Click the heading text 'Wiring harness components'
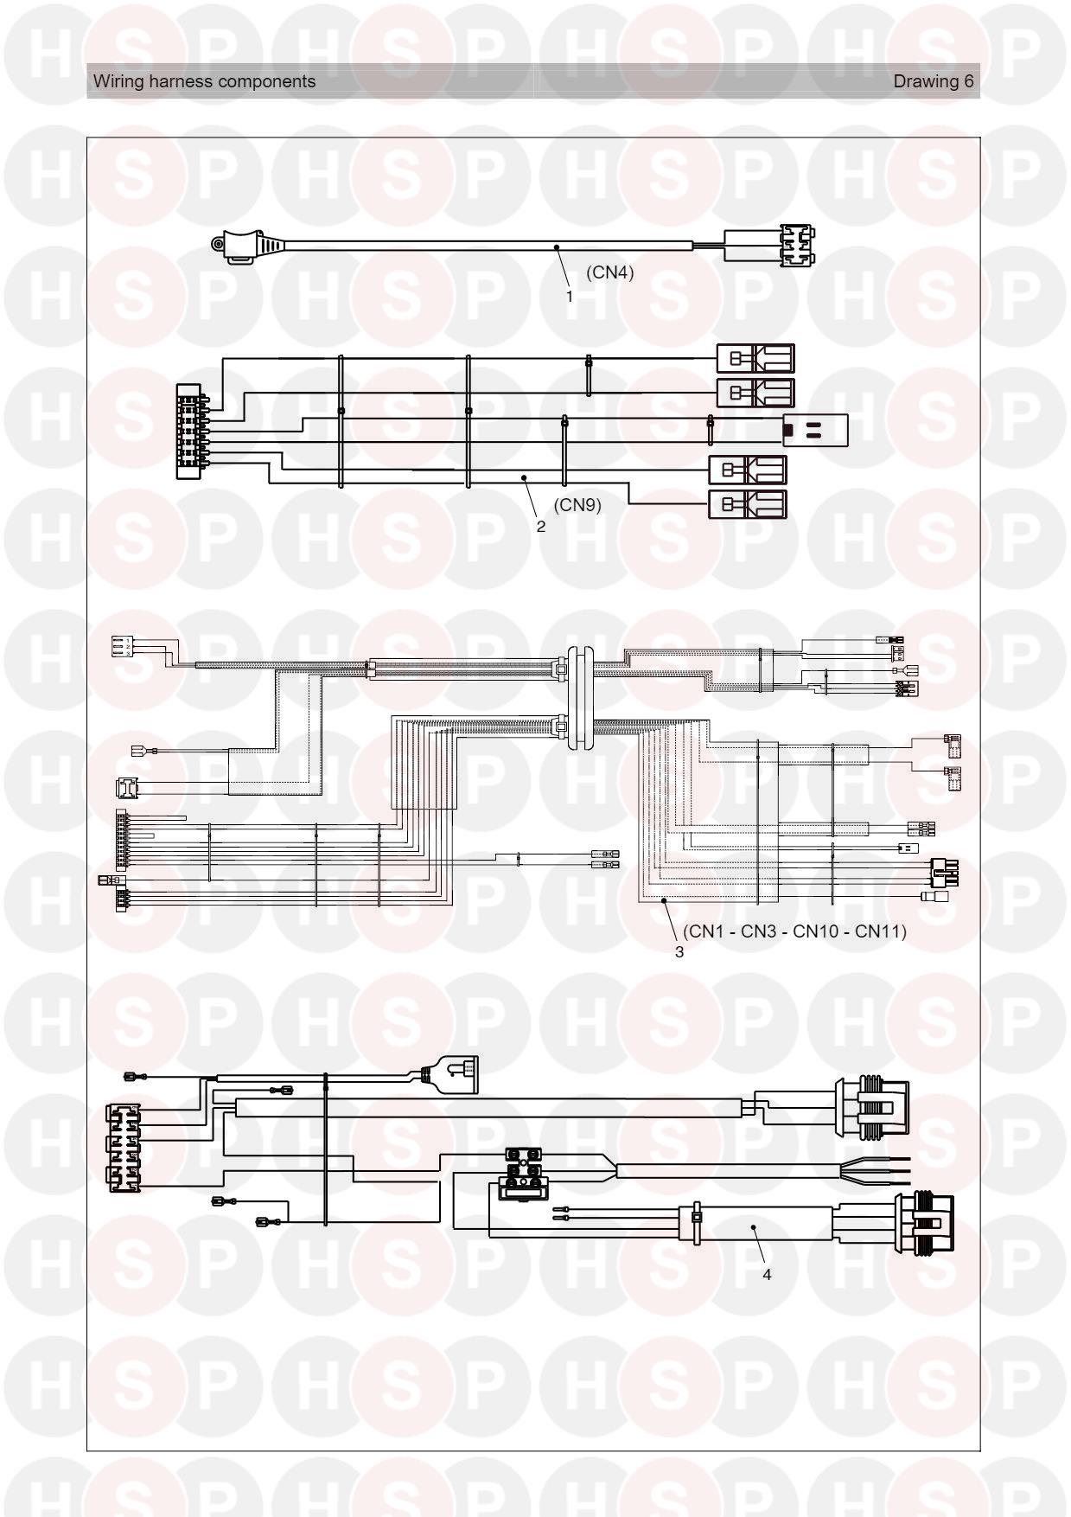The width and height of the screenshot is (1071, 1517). (x=205, y=81)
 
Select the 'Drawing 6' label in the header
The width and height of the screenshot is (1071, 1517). (x=934, y=81)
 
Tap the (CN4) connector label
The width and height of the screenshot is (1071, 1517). (x=610, y=272)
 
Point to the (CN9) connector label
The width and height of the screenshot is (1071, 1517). (x=577, y=505)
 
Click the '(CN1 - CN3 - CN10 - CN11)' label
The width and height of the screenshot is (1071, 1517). (x=794, y=932)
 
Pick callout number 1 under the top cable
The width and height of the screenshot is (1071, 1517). (x=570, y=295)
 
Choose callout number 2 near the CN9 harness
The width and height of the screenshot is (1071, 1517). (x=541, y=527)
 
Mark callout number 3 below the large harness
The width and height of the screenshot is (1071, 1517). (x=679, y=952)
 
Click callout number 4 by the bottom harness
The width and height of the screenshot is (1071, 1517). (x=767, y=1274)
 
